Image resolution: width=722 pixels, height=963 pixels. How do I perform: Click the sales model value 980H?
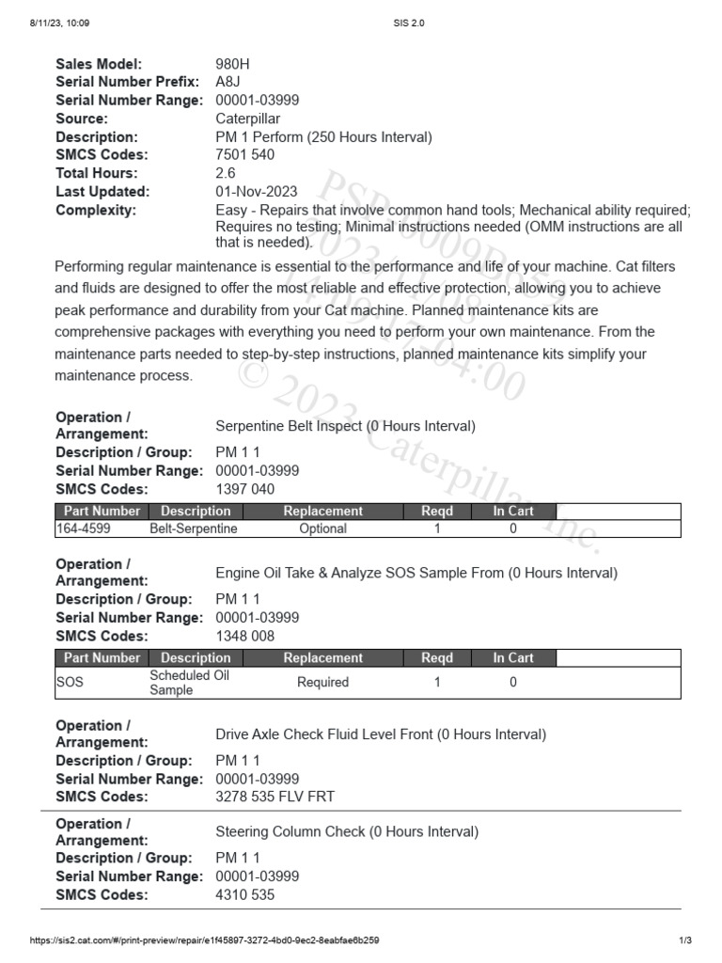coord(233,64)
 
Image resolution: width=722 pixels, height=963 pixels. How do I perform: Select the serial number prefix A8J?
coord(228,82)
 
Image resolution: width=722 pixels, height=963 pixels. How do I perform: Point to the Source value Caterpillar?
coord(248,118)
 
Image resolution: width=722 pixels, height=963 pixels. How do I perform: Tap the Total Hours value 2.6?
coord(226,173)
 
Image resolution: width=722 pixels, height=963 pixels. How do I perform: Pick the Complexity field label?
coord(96,210)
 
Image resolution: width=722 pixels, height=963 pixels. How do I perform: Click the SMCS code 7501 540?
coord(245,155)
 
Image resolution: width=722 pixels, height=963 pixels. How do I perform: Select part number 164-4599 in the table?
coord(85,529)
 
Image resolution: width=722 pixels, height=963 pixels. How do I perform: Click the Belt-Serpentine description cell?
coord(194,529)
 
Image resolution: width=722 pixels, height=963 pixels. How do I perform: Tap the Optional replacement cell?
coord(322,529)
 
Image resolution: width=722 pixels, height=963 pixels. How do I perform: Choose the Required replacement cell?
coord(322,683)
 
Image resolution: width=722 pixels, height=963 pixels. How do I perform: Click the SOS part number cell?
coord(70,683)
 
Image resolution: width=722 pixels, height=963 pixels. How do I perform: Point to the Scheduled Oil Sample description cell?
coord(189,683)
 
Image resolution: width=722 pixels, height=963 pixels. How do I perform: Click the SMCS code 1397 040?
coord(245,489)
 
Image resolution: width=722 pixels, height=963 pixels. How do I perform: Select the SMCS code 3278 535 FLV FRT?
coord(275,797)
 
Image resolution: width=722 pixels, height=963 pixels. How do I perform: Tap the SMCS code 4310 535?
coord(245,895)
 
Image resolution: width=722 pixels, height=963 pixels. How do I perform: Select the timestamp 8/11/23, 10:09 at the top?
coord(59,23)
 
